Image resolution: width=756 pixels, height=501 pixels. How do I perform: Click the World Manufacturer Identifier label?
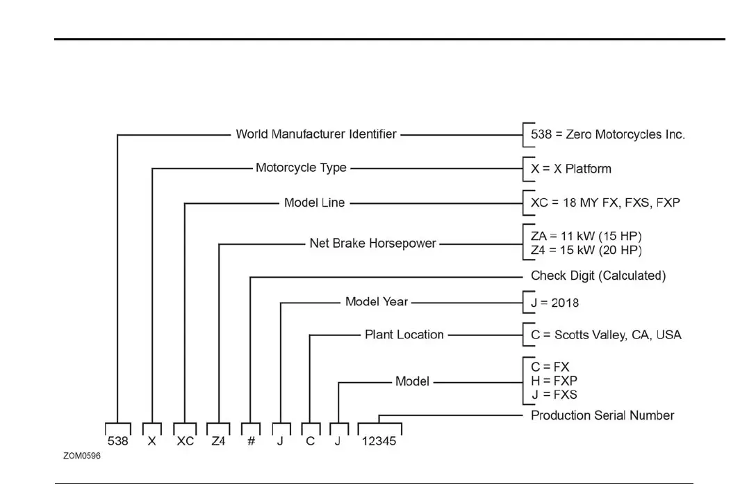click(316, 134)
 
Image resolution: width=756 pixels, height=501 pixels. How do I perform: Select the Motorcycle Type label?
click(301, 168)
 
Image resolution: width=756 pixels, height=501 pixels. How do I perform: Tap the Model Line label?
click(314, 203)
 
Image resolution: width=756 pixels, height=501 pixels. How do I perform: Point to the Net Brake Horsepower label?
click(372, 244)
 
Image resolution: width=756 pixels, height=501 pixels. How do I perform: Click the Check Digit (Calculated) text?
click(598, 276)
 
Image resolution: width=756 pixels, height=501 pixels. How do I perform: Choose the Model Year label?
click(377, 302)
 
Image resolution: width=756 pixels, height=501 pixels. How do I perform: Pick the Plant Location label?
click(404, 335)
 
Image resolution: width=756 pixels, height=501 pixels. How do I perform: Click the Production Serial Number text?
click(602, 415)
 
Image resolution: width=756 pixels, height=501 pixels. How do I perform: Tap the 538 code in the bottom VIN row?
click(117, 441)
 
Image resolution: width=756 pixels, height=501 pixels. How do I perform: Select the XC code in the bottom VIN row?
click(185, 441)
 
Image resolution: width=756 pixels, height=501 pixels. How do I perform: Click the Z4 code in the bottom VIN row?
click(219, 441)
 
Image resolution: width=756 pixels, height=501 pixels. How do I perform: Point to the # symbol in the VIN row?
click(251, 441)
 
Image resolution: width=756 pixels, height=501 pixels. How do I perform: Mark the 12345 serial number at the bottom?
click(379, 441)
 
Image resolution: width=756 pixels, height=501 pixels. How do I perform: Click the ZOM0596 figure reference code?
click(82, 457)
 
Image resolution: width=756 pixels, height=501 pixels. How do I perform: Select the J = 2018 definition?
click(554, 303)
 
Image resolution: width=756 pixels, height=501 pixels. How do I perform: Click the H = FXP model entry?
click(554, 381)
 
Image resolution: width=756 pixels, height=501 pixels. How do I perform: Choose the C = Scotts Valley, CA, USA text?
click(606, 335)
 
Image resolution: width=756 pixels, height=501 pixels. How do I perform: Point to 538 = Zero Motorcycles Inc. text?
click(608, 134)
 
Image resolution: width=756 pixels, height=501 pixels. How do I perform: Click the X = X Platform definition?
click(571, 168)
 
